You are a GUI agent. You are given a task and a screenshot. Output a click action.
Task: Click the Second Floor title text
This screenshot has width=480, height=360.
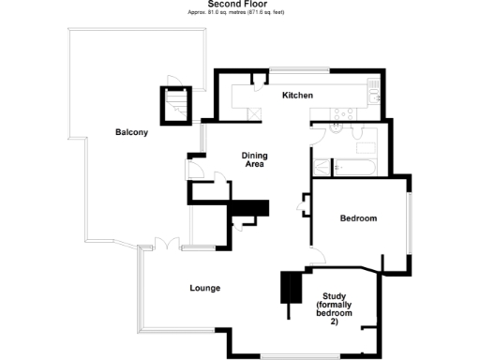[239, 4]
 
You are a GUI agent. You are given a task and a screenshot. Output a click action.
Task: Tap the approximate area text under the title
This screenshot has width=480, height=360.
[239, 12]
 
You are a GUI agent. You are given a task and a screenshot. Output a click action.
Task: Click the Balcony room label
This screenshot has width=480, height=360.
[131, 132]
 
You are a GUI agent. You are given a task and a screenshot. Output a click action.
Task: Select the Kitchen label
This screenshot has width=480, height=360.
[297, 96]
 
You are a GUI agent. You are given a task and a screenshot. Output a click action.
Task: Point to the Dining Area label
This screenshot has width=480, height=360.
[253, 159]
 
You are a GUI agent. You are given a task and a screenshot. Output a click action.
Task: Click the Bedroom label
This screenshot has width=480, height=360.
[357, 218]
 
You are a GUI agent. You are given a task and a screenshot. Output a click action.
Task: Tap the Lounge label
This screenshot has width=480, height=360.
[204, 288]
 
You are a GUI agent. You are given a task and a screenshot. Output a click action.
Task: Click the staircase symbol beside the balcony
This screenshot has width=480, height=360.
[175, 102]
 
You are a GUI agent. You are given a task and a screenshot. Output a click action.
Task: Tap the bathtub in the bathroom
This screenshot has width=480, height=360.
[354, 168]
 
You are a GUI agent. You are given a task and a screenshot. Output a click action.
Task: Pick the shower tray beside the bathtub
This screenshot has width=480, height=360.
[322, 168]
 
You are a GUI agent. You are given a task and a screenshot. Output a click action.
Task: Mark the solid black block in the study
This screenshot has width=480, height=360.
[292, 289]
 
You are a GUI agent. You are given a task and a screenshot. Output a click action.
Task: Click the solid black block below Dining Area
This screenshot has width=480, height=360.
[250, 208]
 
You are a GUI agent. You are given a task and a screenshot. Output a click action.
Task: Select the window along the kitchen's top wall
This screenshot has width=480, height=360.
[298, 68]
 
